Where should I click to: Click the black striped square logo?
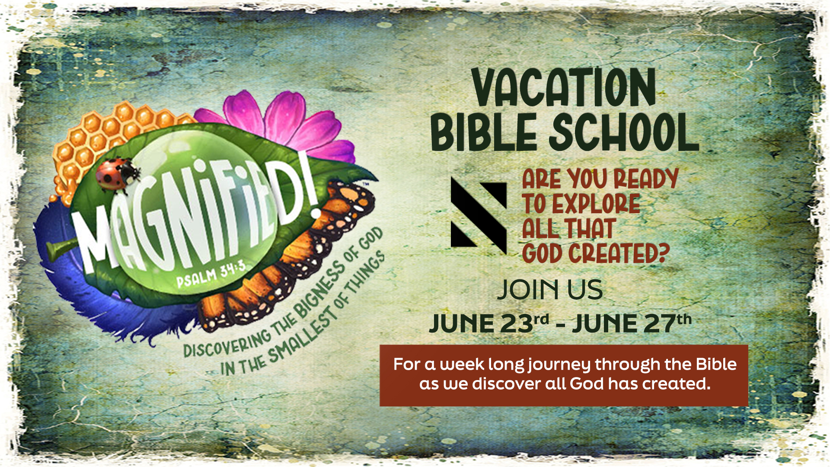479,215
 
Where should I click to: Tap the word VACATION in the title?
564,88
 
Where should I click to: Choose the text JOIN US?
550,289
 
